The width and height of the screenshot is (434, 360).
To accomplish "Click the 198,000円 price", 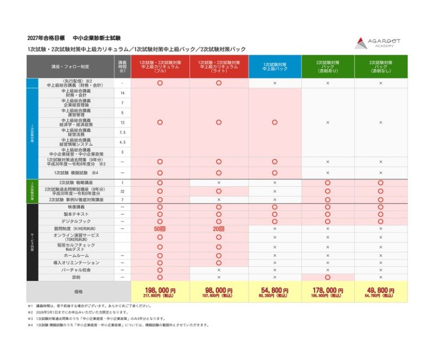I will click(x=160, y=290).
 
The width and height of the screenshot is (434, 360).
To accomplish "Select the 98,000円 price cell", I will click(x=219, y=290).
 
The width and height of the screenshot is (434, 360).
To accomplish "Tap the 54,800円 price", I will click(x=275, y=290).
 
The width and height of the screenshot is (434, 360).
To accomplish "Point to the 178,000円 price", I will click(x=328, y=290).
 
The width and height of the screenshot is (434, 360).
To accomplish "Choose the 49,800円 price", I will click(x=380, y=290).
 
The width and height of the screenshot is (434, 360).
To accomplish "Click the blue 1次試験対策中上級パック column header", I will click(x=275, y=67).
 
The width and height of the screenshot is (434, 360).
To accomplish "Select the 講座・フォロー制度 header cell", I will click(x=70, y=67).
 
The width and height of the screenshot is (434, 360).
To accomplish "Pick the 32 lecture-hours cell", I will click(x=123, y=192).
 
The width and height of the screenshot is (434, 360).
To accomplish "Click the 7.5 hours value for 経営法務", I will click(x=123, y=132).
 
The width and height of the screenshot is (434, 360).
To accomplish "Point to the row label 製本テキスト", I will click(x=76, y=214).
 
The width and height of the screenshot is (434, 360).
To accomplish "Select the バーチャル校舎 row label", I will click(x=76, y=270).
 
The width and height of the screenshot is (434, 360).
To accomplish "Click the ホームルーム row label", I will click(x=76, y=255).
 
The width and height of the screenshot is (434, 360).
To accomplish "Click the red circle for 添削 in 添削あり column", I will click(x=328, y=277).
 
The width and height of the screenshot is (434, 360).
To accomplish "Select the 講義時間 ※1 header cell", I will click(x=123, y=67).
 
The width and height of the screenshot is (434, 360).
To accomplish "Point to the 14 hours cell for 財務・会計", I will click(x=123, y=93).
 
